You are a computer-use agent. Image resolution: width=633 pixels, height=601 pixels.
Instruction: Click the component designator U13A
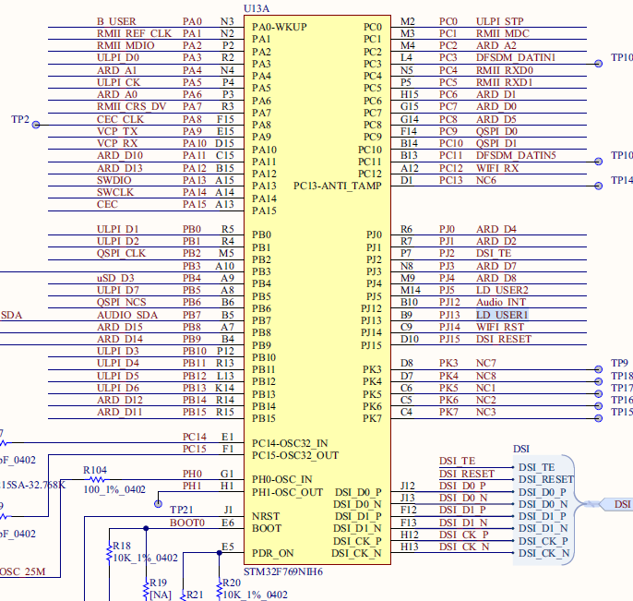257,8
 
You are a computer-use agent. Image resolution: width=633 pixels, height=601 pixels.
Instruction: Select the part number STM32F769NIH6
283,571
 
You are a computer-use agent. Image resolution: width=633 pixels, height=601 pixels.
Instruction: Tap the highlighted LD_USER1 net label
503,315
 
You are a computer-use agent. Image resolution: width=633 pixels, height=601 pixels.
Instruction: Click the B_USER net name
116,21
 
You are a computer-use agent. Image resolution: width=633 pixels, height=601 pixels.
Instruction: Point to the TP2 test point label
20,120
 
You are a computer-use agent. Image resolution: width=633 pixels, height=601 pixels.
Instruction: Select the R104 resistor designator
95,471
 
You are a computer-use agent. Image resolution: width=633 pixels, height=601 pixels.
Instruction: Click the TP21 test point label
182,510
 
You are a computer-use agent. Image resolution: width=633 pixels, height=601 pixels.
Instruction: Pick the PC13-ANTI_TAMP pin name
337,186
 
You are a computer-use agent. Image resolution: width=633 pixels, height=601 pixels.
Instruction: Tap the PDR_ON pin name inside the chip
274,552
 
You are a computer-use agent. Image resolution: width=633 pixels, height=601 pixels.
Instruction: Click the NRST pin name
266,515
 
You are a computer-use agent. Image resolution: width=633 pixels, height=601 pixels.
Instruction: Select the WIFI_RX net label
498,168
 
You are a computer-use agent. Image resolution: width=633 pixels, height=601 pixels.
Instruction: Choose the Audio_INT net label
501,302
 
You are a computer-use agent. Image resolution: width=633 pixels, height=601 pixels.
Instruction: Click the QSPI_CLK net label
121,253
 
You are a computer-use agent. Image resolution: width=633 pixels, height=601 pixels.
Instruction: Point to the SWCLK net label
115,192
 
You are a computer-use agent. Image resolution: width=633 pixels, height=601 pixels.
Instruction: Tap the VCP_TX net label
116,131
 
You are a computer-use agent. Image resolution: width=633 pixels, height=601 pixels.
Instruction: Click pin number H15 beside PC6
410,94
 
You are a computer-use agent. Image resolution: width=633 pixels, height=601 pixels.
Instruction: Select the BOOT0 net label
188,523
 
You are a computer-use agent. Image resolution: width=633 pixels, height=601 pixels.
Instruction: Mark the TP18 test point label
622,376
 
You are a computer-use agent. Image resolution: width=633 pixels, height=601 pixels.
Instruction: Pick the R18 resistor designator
120,545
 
